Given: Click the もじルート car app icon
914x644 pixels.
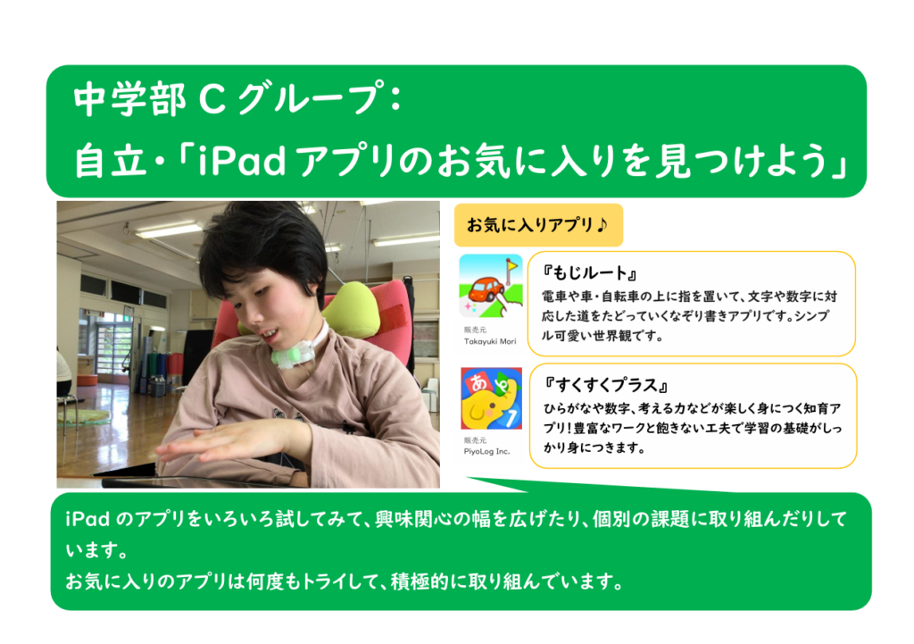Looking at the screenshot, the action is [491, 286].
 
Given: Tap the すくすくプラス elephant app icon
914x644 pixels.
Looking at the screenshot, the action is [492, 398].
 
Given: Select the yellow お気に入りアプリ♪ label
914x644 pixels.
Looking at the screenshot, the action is [538, 224].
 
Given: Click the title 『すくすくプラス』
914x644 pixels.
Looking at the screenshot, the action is [606, 384].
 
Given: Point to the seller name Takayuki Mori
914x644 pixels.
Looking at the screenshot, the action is [490, 341].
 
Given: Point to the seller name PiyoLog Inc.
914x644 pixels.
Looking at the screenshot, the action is [486, 451].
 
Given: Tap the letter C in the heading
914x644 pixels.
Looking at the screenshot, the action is [212, 99].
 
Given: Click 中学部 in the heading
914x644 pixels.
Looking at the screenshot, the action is [129, 99].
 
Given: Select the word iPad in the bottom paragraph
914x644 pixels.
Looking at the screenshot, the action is [87, 519].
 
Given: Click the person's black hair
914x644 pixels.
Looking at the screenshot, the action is [262, 245].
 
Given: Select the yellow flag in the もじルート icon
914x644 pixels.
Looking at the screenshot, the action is [511, 265].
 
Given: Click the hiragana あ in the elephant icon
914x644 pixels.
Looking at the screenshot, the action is [478, 382].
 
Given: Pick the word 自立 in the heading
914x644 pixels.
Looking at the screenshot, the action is [110, 160].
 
